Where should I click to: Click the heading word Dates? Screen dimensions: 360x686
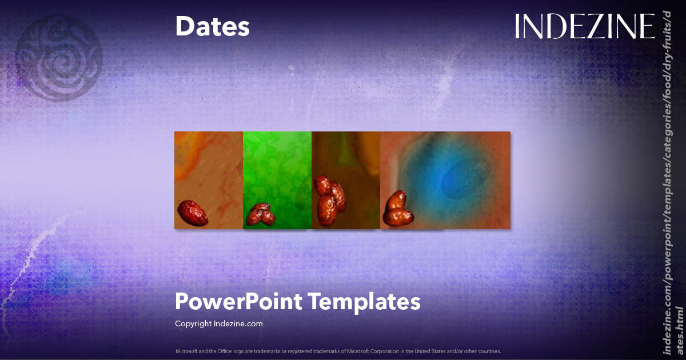click(212, 26)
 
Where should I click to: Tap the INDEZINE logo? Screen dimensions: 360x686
click(584, 26)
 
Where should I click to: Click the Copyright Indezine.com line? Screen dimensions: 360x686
click(218, 323)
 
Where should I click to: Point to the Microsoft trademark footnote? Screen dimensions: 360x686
click(338, 351)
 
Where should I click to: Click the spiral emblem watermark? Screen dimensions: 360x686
click(58, 57)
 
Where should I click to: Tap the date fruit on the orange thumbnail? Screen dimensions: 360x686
click(192, 212)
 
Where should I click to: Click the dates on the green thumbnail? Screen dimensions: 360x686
click(261, 214)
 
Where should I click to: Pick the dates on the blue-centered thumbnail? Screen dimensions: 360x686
click(398, 209)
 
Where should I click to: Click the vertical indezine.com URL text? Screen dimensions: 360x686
click(672, 183)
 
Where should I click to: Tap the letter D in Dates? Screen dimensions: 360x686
click(185, 26)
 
